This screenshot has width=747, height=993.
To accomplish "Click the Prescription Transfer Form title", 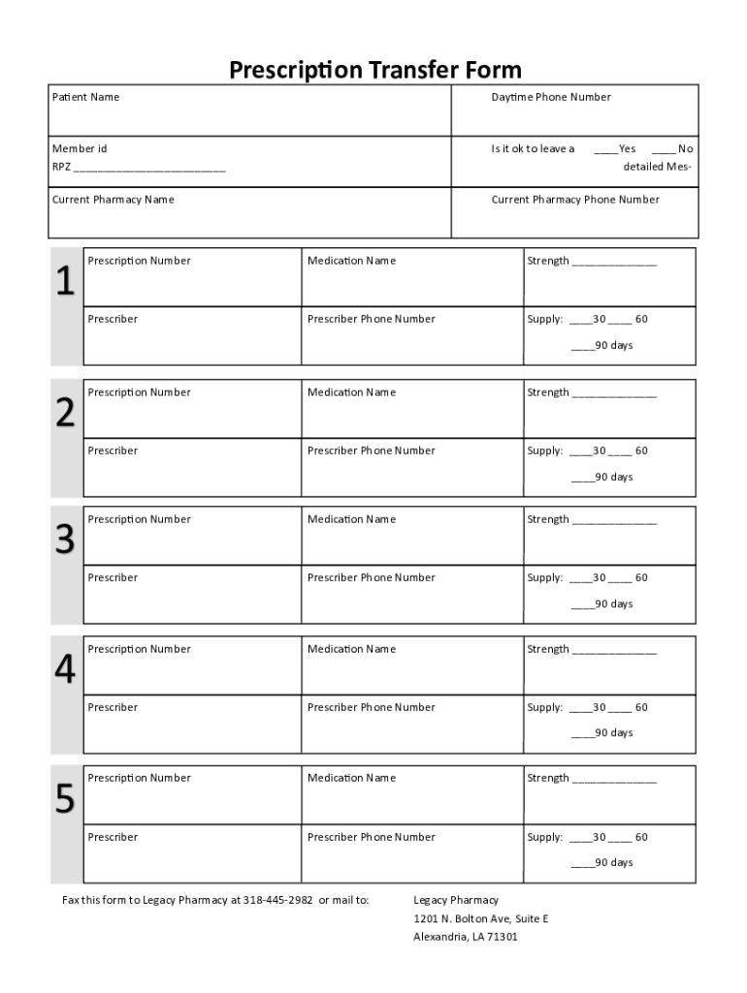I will tap(374, 70).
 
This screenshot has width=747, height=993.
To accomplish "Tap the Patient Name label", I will tap(85, 97).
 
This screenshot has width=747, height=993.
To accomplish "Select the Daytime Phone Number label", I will tap(551, 97).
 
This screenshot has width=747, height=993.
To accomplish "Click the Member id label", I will tap(80, 148).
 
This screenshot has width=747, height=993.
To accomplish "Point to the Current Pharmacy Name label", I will tap(113, 200).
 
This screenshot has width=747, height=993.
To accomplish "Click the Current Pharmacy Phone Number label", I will tap(575, 200).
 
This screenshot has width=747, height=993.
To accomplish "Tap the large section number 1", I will tap(65, 282).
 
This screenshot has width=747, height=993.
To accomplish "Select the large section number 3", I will tap(65, 540).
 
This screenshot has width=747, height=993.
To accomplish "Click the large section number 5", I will tap(65, 799).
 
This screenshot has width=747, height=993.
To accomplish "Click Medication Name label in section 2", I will tap(351, 393).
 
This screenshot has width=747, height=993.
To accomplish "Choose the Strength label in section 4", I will tap(548, 650).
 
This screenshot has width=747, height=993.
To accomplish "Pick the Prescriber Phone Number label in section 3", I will tap(372, 578).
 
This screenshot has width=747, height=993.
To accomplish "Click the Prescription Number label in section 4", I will tap(139, 650).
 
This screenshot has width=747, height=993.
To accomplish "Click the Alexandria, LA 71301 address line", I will tap(466, 937).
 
